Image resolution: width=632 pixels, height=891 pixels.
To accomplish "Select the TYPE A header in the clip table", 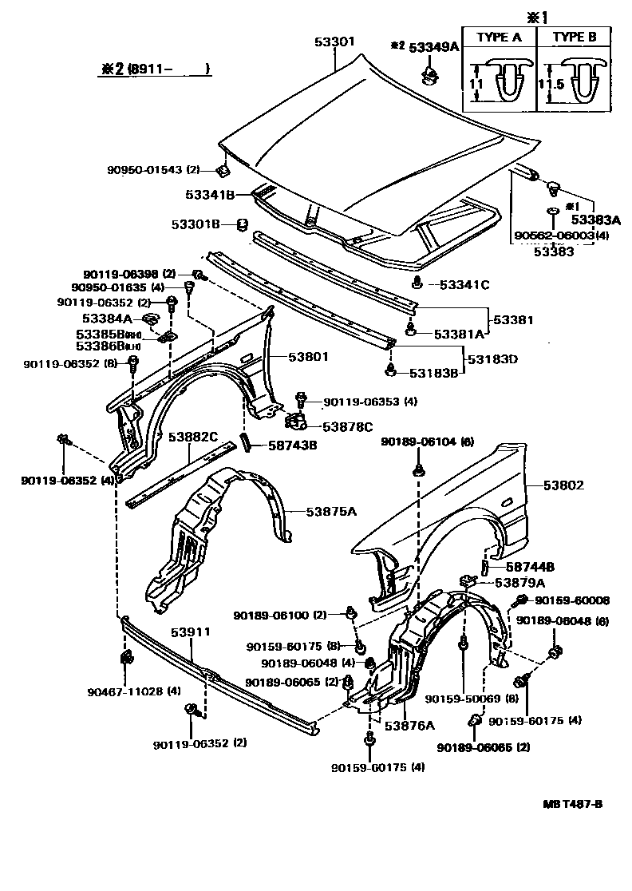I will click(x=498, y=38).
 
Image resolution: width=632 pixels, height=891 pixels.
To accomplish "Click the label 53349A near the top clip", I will click(x=435, y=47).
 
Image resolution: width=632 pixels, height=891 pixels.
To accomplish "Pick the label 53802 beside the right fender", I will click(x=564, y=485).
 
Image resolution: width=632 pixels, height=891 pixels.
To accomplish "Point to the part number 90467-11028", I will click(x=121, y=691).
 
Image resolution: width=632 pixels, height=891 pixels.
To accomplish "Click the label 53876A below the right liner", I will click(x=409, y=726).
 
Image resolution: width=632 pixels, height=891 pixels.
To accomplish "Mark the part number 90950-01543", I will click(x=147, y=169).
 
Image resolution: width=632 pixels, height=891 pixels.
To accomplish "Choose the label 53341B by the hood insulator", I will click(x=210, y=195).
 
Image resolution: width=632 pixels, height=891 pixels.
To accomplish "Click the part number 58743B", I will click(x=290, y=445).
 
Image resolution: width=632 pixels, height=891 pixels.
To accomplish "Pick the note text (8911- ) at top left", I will click(x=168, y=69).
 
